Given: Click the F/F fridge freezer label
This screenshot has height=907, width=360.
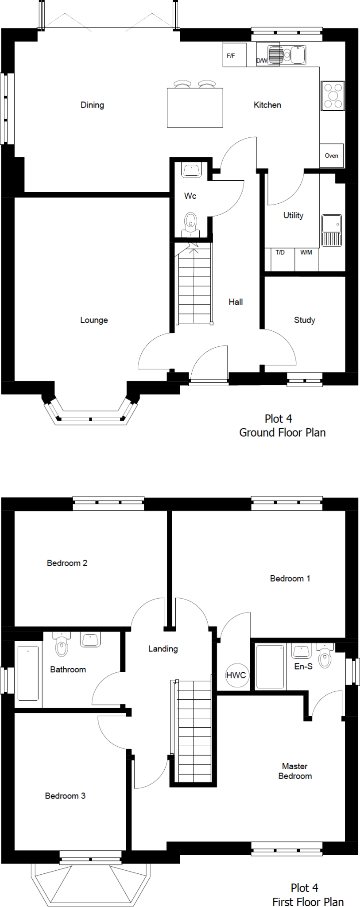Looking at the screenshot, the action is (231, 56).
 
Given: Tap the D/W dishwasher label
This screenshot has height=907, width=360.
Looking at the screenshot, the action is (262, 61).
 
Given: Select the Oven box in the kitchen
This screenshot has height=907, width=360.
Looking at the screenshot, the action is (332, 155).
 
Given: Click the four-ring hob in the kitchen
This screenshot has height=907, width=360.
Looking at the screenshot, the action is (333, 96).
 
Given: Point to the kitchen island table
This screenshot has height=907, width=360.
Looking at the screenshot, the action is (195, 108).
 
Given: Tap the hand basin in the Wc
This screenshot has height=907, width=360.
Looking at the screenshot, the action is (192, 170).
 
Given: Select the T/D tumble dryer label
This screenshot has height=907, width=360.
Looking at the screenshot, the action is (280, 252).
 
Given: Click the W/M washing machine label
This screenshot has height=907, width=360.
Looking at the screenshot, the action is (306, 252).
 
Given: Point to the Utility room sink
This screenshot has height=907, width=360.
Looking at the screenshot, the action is (332, 230).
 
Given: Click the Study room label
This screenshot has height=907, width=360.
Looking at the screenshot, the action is (305, 320).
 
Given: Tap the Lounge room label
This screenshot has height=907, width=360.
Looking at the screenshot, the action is (94, 320).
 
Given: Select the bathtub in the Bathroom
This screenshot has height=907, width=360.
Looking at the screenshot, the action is (28, 673).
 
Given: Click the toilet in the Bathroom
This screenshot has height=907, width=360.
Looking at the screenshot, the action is (62, 644).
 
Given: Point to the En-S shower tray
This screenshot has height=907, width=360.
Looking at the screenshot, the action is (270, 667).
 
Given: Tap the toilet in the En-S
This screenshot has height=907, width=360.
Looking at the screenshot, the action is (325, 655).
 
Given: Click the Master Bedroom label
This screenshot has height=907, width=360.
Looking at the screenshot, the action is (295, 771).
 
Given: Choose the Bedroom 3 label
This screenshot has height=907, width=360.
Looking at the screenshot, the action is (65, 796).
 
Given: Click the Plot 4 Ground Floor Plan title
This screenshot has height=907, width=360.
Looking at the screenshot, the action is (283, 426).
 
